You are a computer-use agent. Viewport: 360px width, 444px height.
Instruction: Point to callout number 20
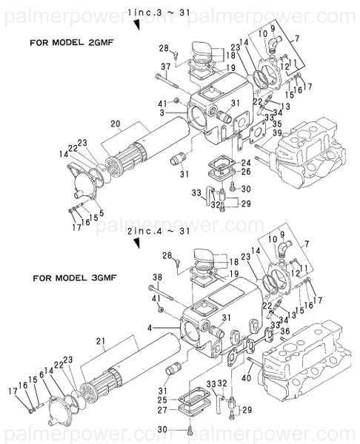(x=114, y=124)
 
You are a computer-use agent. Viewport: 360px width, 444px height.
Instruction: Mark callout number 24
(x=244, y=163)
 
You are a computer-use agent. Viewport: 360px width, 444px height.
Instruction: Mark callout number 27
(x=163, y=408)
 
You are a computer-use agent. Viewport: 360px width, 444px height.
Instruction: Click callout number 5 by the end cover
(x=100, y=213)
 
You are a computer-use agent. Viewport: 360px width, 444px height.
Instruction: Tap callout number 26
(x=244, y=172)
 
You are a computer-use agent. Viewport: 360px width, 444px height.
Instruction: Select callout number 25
(x=163, y=400)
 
